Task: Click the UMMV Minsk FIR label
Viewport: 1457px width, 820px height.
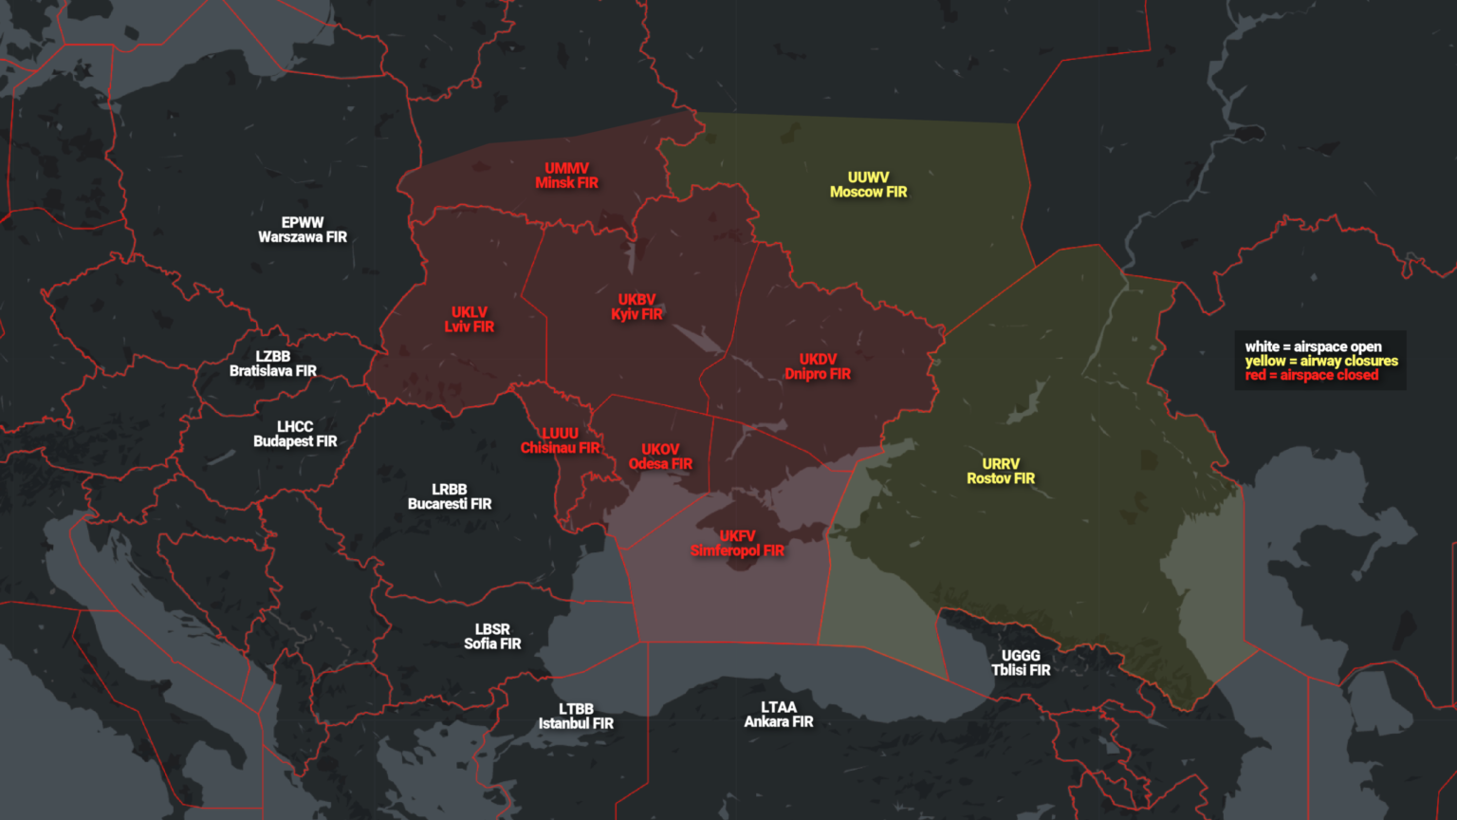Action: (566, 176)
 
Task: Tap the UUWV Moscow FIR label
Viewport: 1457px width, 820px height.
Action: (868, 185)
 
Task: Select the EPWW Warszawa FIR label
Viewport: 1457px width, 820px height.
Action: (303, 230)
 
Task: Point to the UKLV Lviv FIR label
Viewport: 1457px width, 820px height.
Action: (470, 320)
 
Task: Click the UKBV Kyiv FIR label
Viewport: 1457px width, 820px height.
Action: (636, 307)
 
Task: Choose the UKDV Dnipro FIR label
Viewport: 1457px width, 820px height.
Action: (818, 366)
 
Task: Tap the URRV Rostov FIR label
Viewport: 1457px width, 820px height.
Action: (1001, 471)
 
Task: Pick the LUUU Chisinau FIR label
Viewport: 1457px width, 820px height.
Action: (560, 440)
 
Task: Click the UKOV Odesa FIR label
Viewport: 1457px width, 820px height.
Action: (660, 457)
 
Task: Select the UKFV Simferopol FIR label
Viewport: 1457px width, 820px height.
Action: (737, 544)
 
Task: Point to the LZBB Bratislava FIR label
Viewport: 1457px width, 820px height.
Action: (273, 363)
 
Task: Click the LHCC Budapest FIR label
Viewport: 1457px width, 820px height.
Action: (295, 434)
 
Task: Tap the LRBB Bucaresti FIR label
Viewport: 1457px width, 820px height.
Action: (450, 496)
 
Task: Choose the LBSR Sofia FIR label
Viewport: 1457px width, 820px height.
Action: (492, 637)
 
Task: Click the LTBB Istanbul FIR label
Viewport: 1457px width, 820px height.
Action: (576, 717)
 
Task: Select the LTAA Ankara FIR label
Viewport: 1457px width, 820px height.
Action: (779, 715)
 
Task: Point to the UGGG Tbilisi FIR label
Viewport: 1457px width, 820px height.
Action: (1021, 662)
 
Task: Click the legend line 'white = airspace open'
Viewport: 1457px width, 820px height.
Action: (1313, 346)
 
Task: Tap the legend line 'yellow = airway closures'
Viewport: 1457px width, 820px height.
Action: (1321, 361)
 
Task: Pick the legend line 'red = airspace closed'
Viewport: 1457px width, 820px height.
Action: (1312, 375)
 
